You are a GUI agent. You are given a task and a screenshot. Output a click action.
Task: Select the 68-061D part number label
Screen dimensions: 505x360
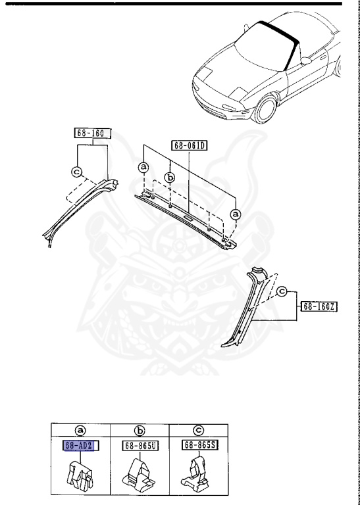click(189, 145)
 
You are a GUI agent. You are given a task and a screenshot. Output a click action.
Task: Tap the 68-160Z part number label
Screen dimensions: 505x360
click(319, 306)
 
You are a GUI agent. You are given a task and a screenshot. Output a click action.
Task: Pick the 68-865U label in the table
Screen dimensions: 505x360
click(140, 446)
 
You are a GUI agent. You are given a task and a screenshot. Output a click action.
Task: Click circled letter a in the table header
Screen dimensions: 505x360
click(80, 431)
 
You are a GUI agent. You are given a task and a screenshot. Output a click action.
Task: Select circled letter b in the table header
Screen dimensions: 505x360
click(140, 431)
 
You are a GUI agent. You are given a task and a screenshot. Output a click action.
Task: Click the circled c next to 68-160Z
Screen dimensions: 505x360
click(282, 291)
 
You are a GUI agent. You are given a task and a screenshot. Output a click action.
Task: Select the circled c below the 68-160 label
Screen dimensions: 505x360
click(77, 173)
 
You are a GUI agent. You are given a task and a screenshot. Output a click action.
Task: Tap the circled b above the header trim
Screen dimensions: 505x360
click(170, 178)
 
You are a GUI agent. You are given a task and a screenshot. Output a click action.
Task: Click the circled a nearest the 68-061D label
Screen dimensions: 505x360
click(144, 168)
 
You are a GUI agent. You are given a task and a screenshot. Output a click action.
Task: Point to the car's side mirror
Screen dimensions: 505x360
click(305, 60)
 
